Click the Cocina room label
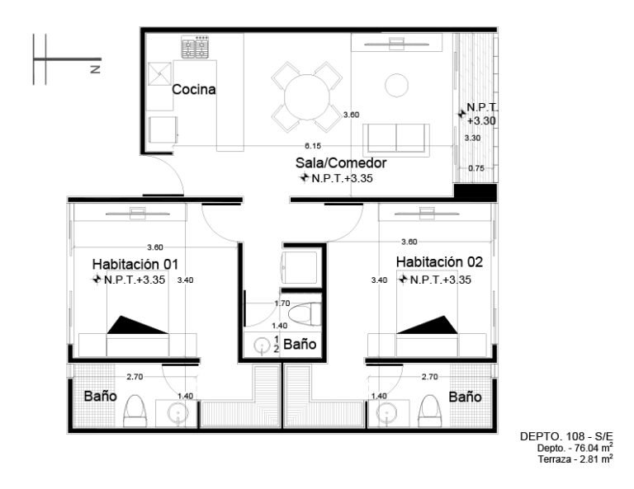pyautogui.click(x=194, y=89)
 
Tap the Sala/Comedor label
pyautogui.click(x=341, y=162)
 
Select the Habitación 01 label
pyautogui.click(x=135, y=264)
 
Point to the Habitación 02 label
pyautogui.click(x=439, y=261)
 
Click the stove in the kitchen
pyautogui.click(x=195, y=47)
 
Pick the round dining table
pyautogui.click(x=307, y=97)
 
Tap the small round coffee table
pyautogui.click(x=396, y=85)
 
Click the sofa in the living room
pyautogui.click(x=396, y=139)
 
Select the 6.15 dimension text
pyautogui.click(x=313, y=146)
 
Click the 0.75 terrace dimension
pyautogui.click(x=476, y=168)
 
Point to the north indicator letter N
pyautogui.click(x=96, y=69)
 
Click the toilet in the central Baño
pyautogui.click(x=305, y=314)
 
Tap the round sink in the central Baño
pyautogui.click(x=262, y=346)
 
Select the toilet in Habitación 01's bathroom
pyautogui.click(x=135, y=411)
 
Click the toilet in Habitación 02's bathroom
pyautogui.click(x=430, y=411)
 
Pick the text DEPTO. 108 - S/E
pyautogui.click(x=566, y=436)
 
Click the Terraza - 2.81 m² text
pyautogui.click(x=575, y=459)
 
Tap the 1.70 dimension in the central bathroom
pyautogui.click(x=282, y=303)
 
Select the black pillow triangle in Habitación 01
pyautogui.click(x=138, y=325)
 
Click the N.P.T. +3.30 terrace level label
pyautogui.click(x=481, y=114)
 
